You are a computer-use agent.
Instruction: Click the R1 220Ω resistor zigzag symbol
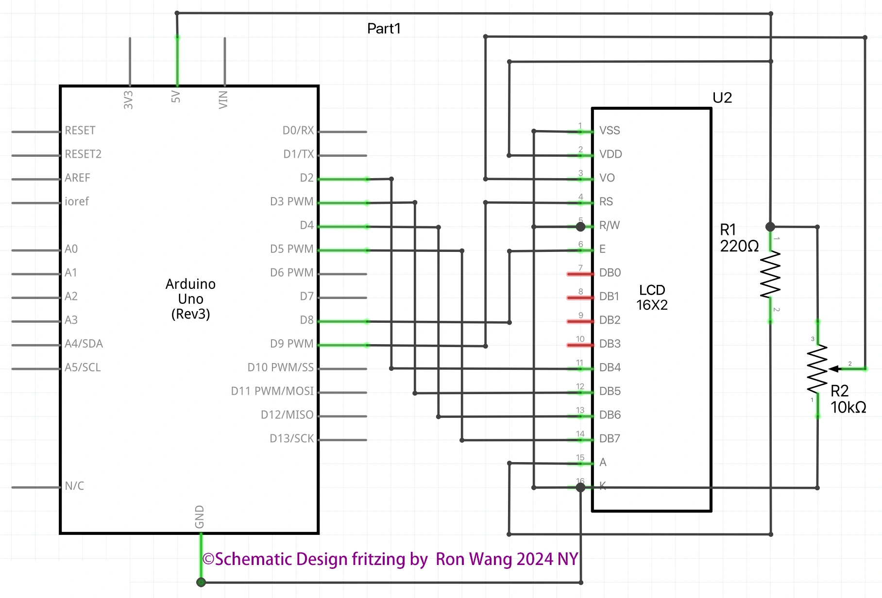pyautogui.click(x=770, y=274)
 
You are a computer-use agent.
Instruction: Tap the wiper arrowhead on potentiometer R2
pyautogui.click(x=834, y=369)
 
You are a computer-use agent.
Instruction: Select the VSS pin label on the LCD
pyautogui.click(x=610, y=131)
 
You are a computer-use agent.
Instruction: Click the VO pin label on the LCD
pyautogui.click(x=607, y=178)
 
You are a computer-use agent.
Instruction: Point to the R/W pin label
pyautogui.click(x=610, y=225)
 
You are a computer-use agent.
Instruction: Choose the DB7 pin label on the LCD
pyautogui.click(x=610, y=439)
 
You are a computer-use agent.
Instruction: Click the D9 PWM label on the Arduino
pyautogui.click(x=292, y=344)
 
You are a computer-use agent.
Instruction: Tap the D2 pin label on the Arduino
pyautogui.click(x=306, y=178)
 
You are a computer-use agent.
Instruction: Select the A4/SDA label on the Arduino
pyautogui.click(x=84, y=344)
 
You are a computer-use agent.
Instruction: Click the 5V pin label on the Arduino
pyautogui.click(x=176, y=97)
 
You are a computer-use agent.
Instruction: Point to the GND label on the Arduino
pyautogui.click(x=200, y=517)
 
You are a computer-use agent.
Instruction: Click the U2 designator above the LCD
pyautogui.click(x=722, y=98)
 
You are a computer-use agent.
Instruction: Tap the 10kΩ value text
pyautogui.click(x=848, y=408)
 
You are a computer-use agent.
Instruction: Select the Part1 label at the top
pyautogui.click(x=384, y=29)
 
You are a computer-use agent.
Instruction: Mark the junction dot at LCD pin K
pyautogui.click(x=580, y=487)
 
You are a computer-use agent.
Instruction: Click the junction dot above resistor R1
pyautogui.click(x=770, y=227)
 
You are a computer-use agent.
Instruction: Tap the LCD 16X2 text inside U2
pyautogui.click(x=652, y=298)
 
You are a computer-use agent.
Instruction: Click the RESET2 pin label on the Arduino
pyautogui.click(x=83, y=154)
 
